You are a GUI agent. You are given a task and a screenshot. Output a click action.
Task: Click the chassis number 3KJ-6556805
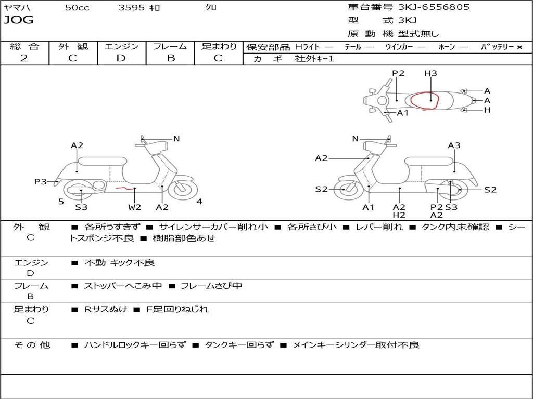434,7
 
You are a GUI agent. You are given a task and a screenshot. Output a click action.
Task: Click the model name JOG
19,20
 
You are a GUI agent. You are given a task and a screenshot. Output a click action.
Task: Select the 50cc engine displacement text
77,8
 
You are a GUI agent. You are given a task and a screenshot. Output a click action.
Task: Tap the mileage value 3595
132,8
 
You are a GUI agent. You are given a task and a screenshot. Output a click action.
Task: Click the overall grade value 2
24,58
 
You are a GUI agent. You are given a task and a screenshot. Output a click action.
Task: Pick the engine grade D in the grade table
121,58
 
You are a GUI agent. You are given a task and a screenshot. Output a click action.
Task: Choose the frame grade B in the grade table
170,58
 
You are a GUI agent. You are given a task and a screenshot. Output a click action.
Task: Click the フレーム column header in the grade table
170,47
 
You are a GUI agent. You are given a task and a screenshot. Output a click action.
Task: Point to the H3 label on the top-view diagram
430,73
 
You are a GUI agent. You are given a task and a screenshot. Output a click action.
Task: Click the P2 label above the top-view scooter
398,73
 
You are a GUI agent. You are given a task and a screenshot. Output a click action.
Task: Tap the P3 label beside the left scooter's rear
40,181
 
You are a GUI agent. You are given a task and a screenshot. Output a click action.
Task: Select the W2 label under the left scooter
135,207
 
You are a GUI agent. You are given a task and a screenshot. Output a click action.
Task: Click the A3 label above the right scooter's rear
454,145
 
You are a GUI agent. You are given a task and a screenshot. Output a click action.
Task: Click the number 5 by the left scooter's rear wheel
61,201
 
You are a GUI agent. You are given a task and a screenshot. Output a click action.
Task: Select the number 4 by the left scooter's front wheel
199,201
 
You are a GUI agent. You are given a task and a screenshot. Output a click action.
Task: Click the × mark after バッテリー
519,47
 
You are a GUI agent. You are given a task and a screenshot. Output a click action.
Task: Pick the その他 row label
32,345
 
